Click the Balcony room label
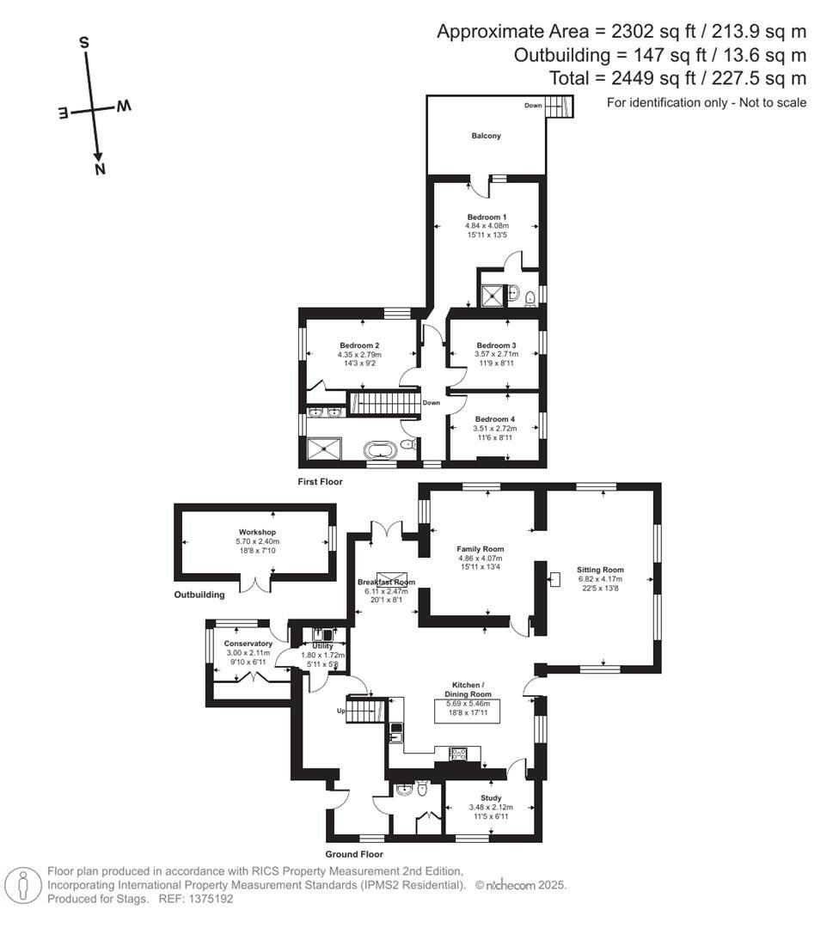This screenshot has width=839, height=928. [486, 136]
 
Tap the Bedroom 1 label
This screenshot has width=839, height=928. [487, 217]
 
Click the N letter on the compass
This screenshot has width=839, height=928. [101, 169]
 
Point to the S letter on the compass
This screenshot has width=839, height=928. [84, 42]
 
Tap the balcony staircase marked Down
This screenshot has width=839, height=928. [560, 107]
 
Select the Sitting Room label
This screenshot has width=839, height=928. [600, 570]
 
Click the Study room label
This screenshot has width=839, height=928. [491, 797]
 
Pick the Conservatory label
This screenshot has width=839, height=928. [248, 644]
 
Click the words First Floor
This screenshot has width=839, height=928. [321, 482]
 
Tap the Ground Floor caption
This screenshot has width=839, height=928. [353, 854]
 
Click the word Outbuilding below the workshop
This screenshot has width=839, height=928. [199, 595]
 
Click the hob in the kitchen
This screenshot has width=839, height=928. [457, 754]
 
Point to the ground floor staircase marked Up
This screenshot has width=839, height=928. [367, 709]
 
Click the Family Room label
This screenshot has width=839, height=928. [480, 549]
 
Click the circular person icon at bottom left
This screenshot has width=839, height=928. [23, 884]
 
